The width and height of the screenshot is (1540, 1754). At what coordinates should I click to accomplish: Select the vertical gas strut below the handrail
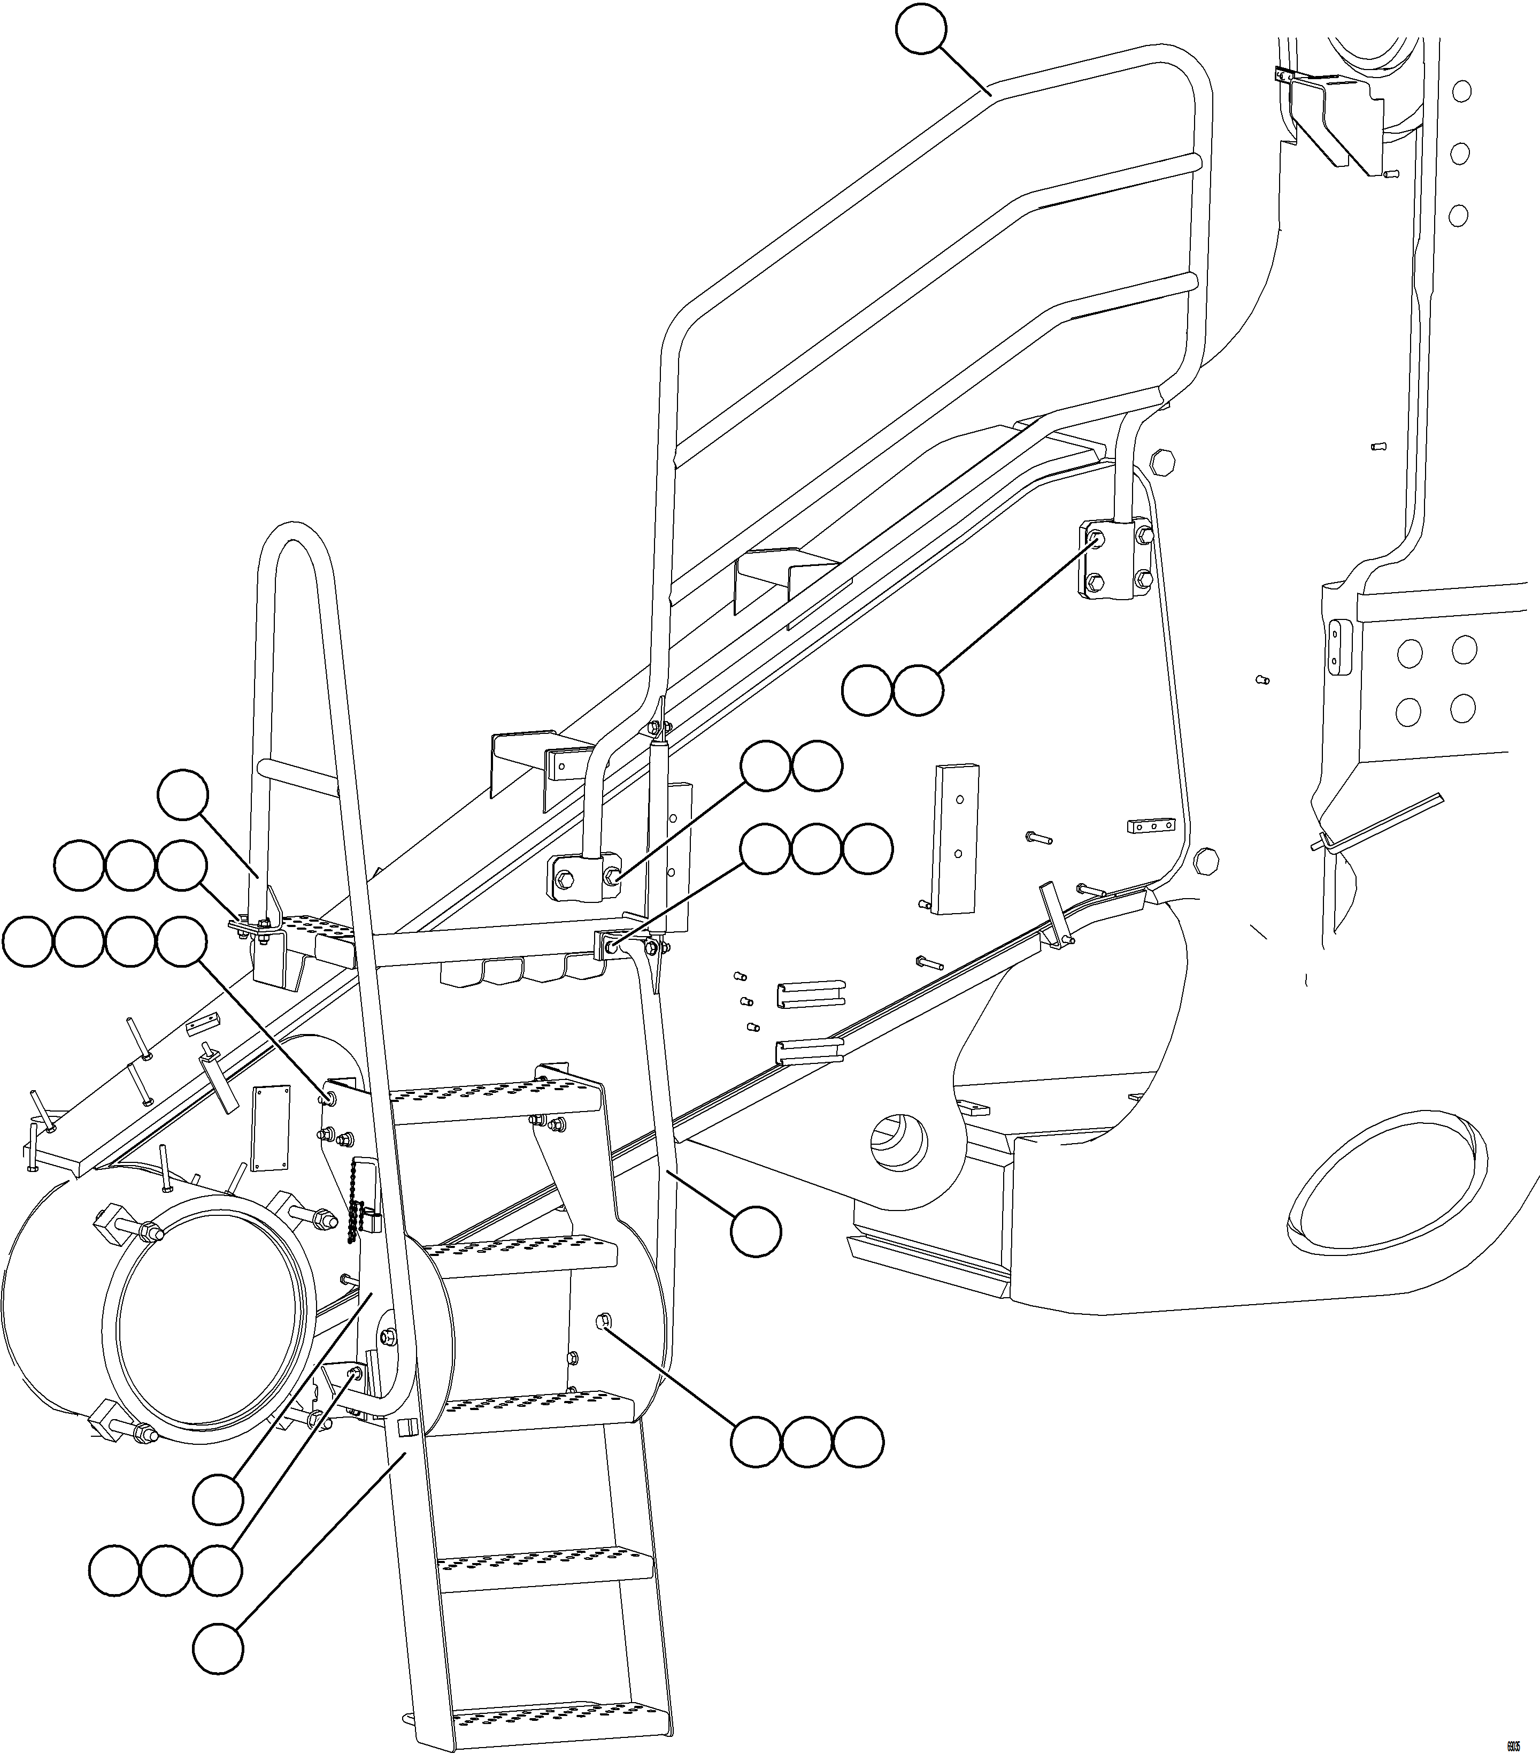[660, 807]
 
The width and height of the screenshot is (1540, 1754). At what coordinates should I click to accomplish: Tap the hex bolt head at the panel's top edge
[1161, 461]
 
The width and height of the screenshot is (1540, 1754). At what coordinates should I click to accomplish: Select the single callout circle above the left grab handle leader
[183, 794]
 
